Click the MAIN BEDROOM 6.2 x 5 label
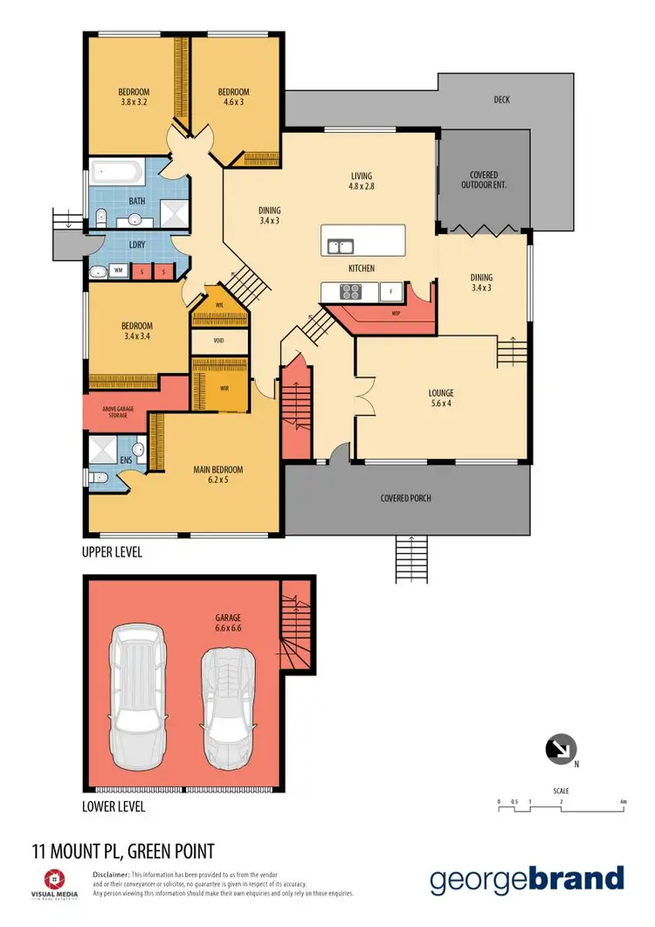point(217,474)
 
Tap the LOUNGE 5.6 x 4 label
point(441,398)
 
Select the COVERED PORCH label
point(406,499)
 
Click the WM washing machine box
point(117,272)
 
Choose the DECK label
point(501,100)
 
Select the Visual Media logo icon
point(54,879)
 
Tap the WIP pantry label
point(396,312)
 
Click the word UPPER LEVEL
point(112,552)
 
